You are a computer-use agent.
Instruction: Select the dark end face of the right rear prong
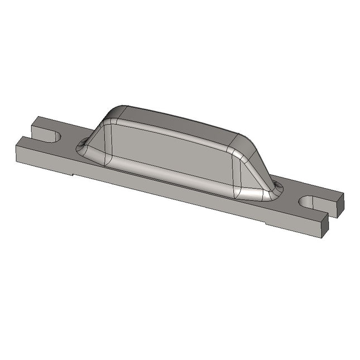(339, 207)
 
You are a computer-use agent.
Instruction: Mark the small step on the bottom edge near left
(74, 175)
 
